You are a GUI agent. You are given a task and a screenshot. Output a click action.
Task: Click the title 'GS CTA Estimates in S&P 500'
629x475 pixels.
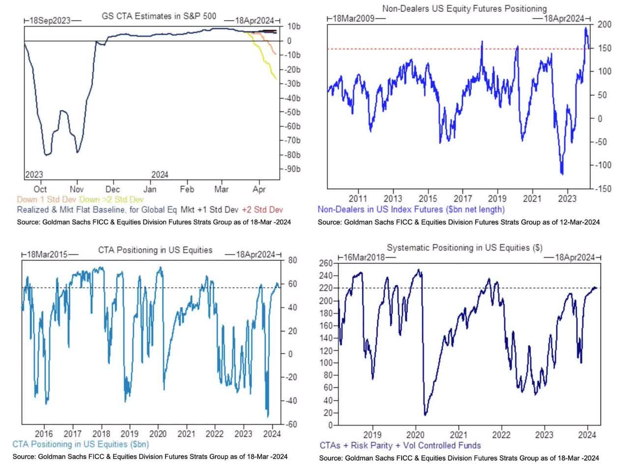point(158,16)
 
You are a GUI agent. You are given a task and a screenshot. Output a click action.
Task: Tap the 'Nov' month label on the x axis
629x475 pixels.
point(77,189)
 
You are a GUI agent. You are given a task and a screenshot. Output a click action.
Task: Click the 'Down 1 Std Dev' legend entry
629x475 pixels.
point(47,199)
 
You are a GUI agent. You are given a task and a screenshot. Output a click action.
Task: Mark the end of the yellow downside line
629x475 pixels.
point(276,79)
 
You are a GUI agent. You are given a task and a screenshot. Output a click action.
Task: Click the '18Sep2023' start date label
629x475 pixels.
point(50,21)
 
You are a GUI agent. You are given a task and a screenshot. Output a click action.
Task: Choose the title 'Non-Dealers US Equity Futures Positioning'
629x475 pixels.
point(464,8)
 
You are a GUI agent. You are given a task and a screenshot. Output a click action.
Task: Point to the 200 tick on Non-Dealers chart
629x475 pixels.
point(604,25)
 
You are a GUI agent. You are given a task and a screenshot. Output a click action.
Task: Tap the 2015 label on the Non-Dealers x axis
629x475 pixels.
point(428,198)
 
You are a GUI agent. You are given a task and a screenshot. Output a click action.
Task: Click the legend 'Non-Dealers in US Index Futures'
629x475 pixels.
point(411,209)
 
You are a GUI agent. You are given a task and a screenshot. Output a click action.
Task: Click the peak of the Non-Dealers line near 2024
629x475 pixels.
point(585,28)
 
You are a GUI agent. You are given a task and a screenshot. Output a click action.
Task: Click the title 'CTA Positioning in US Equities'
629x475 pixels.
point(155,250)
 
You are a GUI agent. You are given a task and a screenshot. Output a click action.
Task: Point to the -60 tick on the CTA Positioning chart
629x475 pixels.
point(291,424)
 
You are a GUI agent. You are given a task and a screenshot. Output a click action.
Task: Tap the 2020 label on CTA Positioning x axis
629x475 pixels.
point(158,434)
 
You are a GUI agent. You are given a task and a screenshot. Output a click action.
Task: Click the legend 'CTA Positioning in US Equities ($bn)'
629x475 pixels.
point(81,445)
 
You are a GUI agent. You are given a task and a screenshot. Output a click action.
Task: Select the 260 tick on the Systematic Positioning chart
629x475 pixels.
point(326,263)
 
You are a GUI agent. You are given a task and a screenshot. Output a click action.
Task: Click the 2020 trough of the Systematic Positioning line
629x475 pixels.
point(425,415)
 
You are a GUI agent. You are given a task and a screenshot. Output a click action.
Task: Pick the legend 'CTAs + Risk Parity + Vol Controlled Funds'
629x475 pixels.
point(400,446)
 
